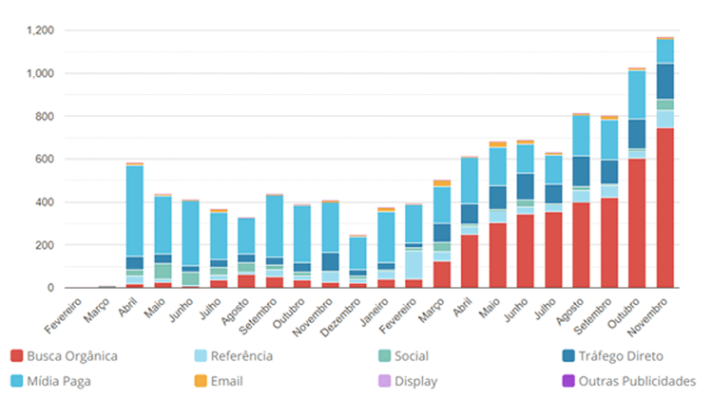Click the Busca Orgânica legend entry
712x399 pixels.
70,356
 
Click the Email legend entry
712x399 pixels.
225,382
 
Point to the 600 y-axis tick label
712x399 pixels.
44,160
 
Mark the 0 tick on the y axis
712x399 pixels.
50,288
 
